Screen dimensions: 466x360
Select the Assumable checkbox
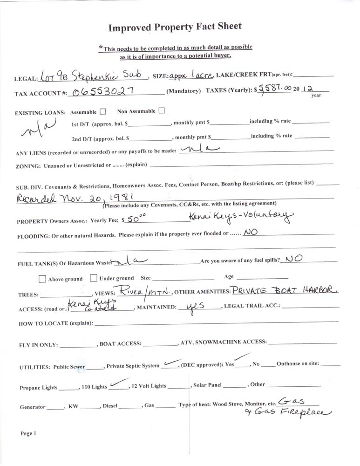click(x=103, y=111)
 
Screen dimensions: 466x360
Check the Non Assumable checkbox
click(x=162, y=111)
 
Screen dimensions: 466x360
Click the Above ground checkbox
click(x=42, y=279)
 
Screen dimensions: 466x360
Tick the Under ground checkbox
click(x=94, y=278)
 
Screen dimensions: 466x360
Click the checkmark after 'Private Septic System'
click(x=171, y=363)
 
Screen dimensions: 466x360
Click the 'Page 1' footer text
click(x=28, y=433)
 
